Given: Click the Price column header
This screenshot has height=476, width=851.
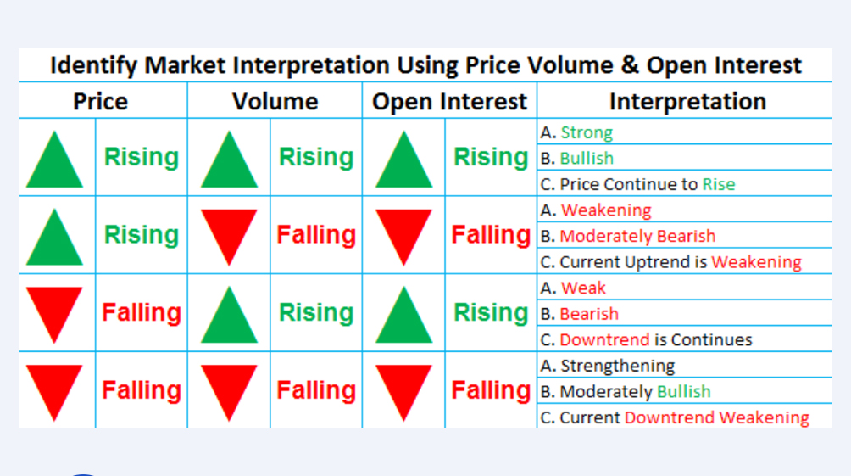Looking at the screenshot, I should coord(100,102).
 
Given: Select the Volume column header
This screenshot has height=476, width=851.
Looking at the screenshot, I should coord(275,102).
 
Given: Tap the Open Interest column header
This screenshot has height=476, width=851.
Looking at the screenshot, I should coord(449,102).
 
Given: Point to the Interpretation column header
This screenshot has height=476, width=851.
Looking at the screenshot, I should coord(687,102).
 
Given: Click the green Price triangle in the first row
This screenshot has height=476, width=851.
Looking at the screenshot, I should coord(55,160).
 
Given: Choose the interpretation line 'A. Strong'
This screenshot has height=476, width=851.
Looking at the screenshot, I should coord(576,132).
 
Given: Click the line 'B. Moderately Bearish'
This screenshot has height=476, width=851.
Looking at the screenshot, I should coord(627,236).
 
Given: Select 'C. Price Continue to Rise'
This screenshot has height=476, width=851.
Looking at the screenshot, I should coord(637,184).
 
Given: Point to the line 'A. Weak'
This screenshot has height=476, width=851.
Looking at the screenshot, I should coord(572,288).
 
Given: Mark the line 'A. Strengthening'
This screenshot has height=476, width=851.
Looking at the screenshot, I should coord(607,366).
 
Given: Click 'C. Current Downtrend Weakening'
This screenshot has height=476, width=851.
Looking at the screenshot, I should coord(674,417).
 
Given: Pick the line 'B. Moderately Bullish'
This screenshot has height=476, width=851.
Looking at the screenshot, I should coord(625,391).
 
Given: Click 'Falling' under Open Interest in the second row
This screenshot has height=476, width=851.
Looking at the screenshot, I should coord(491,235).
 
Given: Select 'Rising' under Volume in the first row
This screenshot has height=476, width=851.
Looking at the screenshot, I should coord(315,157).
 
